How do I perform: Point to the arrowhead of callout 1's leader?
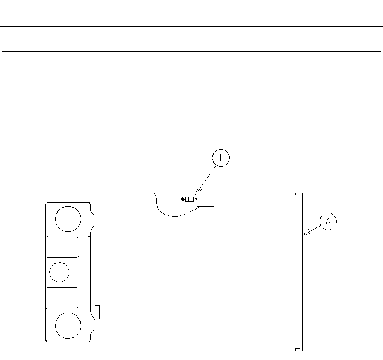pos(196,193)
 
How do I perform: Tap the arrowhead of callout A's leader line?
pos(304,235)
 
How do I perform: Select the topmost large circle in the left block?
pos(68,219)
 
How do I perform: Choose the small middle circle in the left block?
pos(59,272)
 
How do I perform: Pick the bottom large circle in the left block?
pos(68,325)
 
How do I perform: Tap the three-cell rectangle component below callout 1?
pos(189,199)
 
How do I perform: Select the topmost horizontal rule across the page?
pos(191,0)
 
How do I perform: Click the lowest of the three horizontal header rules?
pos(191,51)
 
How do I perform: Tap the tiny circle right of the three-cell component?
pos(196,199)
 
